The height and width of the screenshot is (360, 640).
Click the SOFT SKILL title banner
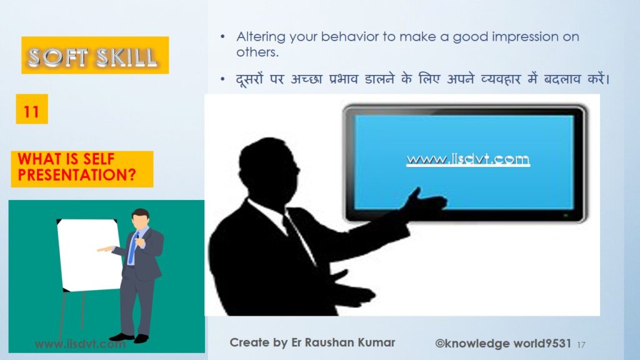(x=95, y=55)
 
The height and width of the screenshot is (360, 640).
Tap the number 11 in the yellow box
(x=31, y=111)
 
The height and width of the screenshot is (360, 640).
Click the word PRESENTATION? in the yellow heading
(x=77, y=175)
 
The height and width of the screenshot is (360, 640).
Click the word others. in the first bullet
(x=257, y=52)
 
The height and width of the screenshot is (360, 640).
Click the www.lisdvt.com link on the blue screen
(x=468, y=159)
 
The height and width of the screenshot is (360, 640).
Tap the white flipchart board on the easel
(x=89, y=255)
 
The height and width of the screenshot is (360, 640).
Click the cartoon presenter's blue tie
(x=132, y=247)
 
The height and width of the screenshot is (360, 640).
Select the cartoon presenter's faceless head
(x=141, y=219)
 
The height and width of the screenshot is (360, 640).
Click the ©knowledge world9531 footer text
(x=503, y=344)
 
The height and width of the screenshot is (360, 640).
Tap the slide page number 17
(x=581, y=345)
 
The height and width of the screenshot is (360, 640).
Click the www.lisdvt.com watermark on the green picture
(x=81, y=344)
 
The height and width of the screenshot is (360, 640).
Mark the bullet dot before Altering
(x=222, y=37)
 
